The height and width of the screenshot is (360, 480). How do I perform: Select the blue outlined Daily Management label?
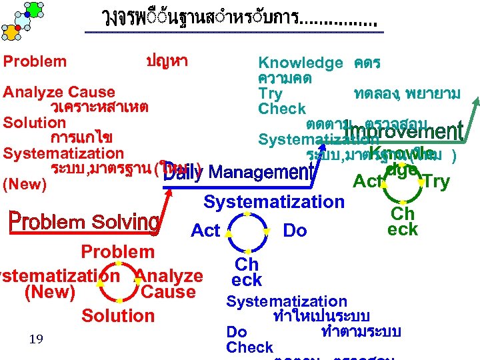click(x=239, y=173)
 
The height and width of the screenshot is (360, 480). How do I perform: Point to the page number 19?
click(x=36, y=340)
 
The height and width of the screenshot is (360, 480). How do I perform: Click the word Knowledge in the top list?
click(x=300, y=63)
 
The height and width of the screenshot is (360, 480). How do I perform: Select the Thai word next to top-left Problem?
click(x=167, y=61)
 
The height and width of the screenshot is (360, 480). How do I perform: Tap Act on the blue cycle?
click(x=205, y=231)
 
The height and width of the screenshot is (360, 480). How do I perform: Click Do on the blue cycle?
click(x=295, y=231)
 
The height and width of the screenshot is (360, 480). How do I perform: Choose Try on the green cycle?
click(x=437, y=181)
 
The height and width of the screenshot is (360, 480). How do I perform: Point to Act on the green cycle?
click(x=367, y=181)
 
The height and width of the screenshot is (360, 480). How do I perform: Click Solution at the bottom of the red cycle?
click(x=117, y=315)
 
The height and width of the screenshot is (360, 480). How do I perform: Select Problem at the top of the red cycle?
click(x=117, y=252)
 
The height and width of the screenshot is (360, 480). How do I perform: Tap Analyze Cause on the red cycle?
click(x=169, y=284)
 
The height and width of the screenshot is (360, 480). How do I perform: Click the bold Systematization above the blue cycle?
click(x=274, y=201)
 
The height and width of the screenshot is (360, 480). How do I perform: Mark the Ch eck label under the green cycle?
click(x=403, y=221)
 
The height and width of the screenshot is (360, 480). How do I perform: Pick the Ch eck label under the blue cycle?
click(x=247, y=272)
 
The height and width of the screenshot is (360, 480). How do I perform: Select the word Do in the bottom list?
click(x=237, y=332)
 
